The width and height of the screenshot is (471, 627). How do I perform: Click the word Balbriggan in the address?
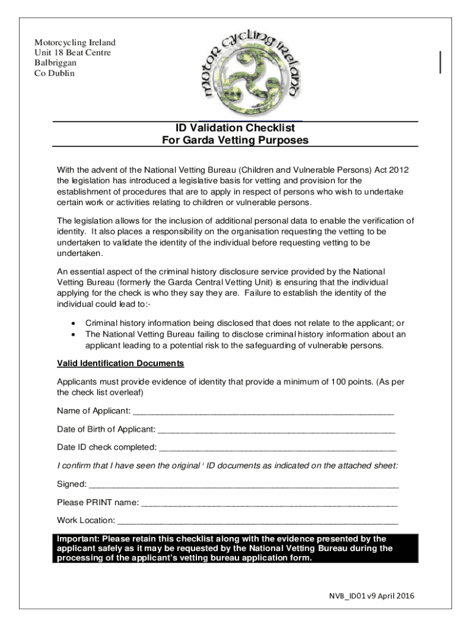(x=56, y=63)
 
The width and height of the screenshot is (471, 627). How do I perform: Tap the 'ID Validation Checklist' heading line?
(x=235, y=128)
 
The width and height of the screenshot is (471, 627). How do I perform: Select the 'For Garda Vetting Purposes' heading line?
(x=235, y=140)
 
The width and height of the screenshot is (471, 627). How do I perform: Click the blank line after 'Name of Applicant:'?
(x=263, y=411)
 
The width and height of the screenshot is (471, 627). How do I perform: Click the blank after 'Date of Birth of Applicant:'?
(x=276, y=429)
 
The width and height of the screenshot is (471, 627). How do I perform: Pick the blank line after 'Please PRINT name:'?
(x=269, y=503)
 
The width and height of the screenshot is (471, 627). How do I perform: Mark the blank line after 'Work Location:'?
(x=258, y=521)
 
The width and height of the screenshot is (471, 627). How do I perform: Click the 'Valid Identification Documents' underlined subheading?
(x=121, y=364)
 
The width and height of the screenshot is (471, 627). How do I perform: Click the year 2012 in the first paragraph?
(x=399, y=170)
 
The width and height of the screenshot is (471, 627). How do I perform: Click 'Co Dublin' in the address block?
(x=54, y=73)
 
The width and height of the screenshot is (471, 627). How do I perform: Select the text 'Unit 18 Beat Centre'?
(x=72, y=53)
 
